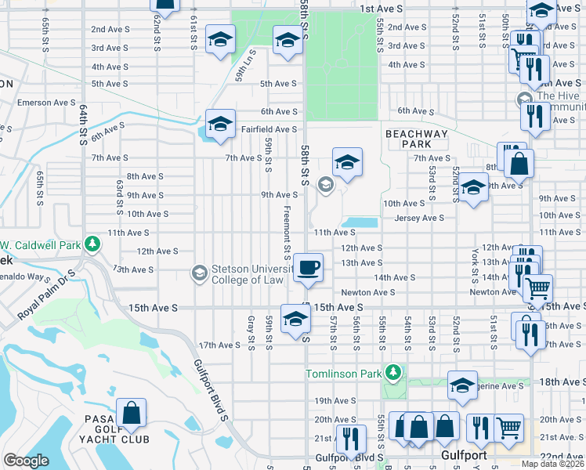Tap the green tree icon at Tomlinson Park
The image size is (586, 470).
coord(396,371)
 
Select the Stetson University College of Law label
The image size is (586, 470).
coord(251,272)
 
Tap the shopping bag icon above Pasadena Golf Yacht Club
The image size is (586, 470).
coord(132,411)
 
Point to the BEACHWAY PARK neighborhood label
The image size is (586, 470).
coord(417,139)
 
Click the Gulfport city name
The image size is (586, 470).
coord(463,455)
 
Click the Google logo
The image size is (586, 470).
coord(26,461)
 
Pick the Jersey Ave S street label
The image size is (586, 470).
coord(419,218)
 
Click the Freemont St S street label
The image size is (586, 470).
coord(288,232)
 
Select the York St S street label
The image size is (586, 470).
coord(476,267)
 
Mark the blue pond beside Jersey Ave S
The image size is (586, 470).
coord(360,222)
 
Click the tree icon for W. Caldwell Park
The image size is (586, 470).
coord(92,244)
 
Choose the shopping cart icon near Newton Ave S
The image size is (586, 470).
coord(537,288)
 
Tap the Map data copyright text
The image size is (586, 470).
coord(552,464)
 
